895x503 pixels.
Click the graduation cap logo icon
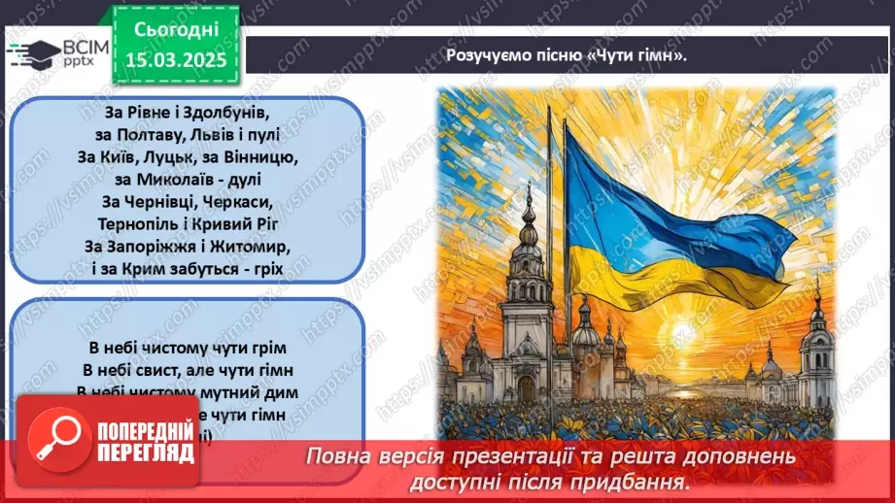point(26,53)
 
